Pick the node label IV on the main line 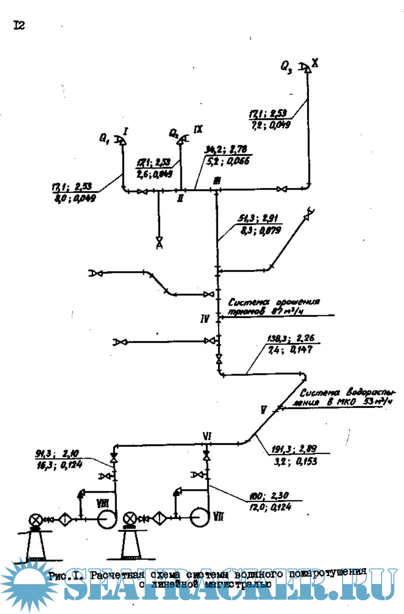coord(205,319)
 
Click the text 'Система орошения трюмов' coord(272,307)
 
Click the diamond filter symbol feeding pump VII coord(159,518)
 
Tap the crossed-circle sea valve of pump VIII coord(36,520)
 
